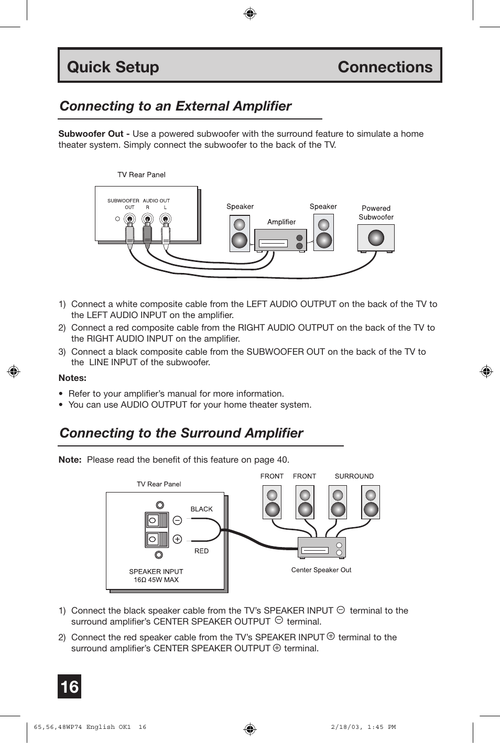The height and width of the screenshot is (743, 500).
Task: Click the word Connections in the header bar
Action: click(x=385, y=67)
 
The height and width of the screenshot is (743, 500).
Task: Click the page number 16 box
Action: click(x=69, y=686)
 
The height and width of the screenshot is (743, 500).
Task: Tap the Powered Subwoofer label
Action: click(x=376, y=213)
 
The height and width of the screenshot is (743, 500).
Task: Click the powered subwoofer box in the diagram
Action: click(x=376, y=238)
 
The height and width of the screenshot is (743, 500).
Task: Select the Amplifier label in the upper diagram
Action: click(x=281, y=222)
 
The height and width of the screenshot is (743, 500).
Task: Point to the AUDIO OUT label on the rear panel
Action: click(x=156, y=201)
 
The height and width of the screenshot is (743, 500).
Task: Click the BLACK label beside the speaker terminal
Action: click(x=201, y=509)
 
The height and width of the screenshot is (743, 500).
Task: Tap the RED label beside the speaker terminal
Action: click(x=201, y=551)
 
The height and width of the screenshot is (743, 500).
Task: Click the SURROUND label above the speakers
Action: click(x=354, y=476)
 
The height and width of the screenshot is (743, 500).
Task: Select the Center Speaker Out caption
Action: click(x=321, y=570)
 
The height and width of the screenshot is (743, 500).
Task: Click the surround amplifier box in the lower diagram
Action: click(x=321, y=548)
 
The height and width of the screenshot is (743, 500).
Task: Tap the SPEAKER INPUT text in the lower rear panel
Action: click(x=156, y=572)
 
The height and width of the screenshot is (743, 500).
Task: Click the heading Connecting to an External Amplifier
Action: click(x=176, y=106)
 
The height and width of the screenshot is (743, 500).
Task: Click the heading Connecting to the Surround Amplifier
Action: click(x=181, y=433)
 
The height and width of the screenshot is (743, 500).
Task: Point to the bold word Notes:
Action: click(x=72, y=378)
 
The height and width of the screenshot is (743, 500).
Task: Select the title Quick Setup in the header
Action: click(x=113, y=67)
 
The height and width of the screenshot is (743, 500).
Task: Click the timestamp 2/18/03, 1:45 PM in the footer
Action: click(x=363, y=727)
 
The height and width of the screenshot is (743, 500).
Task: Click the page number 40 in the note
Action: click(x=282, y=460)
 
